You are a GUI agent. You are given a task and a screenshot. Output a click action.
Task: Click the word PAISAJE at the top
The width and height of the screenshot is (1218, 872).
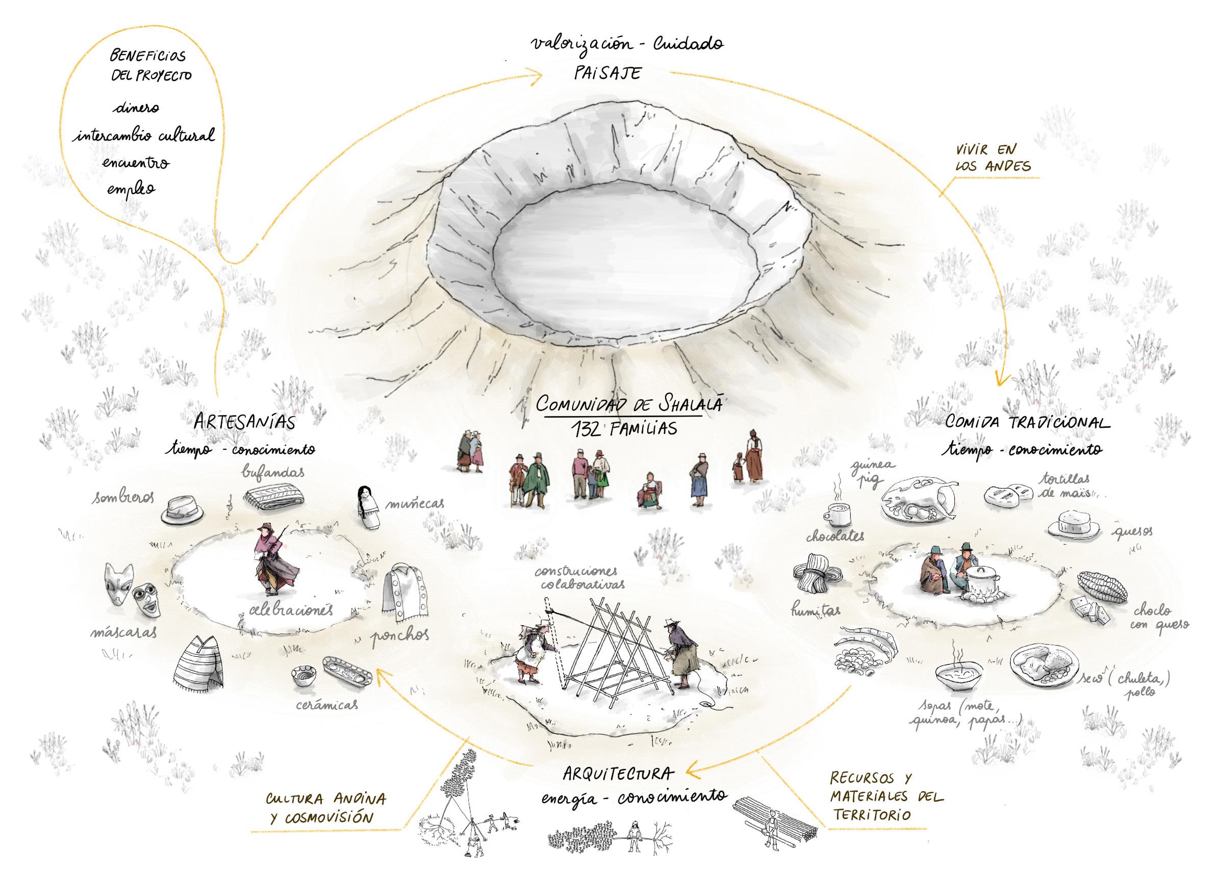[607, 73]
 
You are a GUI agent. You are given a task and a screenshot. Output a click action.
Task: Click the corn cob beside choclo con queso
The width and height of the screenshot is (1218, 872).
[1102, 586]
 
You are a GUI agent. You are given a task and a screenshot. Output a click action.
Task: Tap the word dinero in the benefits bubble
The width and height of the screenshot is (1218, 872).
[136, 108]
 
